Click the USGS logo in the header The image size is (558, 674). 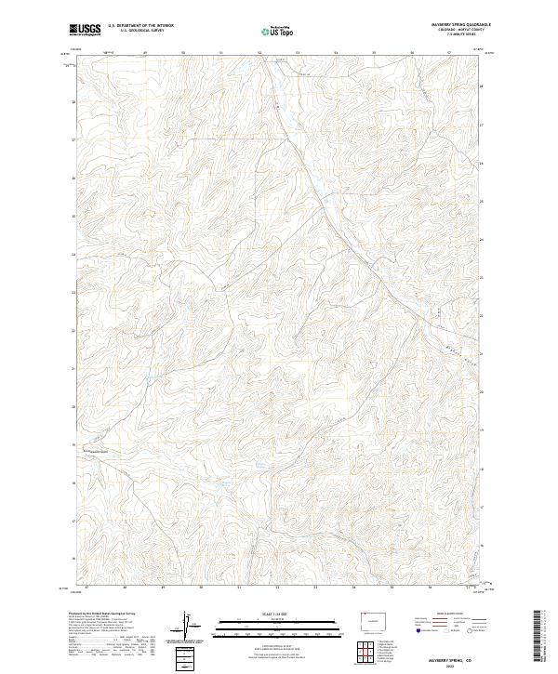85,30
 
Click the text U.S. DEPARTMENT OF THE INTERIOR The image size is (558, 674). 141,25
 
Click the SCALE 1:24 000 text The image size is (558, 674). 278,614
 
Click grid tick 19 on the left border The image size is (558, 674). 73,444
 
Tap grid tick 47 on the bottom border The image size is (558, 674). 86,588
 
